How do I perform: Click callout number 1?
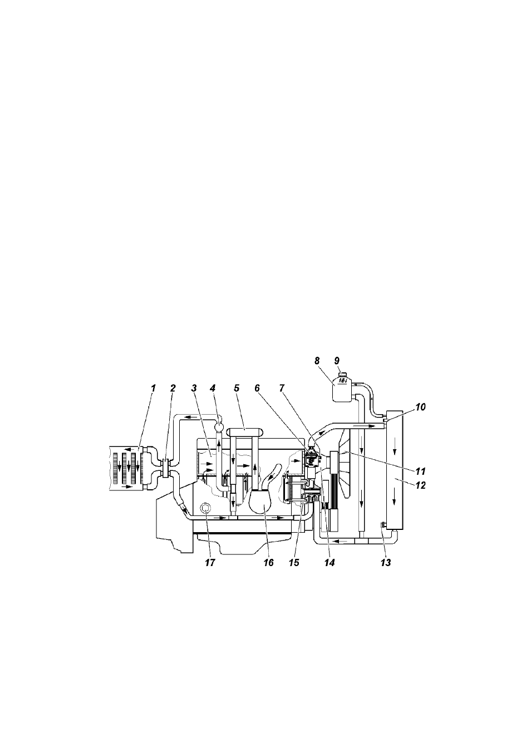click(154, 389)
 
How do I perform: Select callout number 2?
click(173, 389)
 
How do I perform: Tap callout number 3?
click(194, 389)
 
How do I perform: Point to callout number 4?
click(212, 389)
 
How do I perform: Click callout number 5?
click(237, 389)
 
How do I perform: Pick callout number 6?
click(258, 389)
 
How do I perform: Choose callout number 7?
click(281, 389)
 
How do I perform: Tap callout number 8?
click(317, 361)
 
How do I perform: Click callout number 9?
click(337, 361)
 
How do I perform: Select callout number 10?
click(420, 407)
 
